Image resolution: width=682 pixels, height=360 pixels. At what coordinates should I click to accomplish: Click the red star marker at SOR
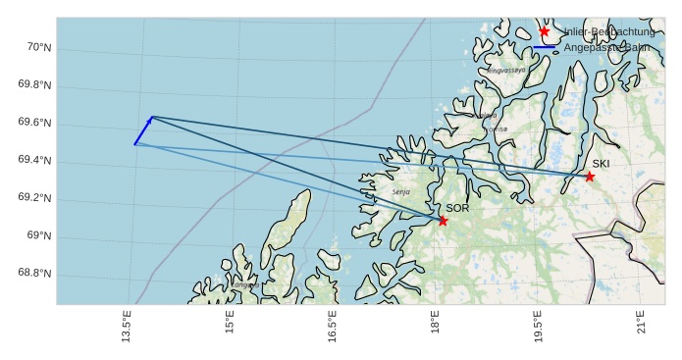point(443,221)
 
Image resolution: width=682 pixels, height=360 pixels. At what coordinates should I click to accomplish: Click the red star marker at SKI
point(590,177)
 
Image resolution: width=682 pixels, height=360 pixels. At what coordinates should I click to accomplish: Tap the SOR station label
point(458,208)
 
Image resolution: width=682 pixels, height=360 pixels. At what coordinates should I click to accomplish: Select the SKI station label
point(601,164)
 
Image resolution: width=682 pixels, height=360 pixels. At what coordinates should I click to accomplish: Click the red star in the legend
point(545,31)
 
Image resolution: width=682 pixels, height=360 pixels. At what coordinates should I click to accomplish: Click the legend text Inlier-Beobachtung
point(609,31)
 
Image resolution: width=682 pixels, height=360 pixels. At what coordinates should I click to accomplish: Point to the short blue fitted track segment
point(143,130)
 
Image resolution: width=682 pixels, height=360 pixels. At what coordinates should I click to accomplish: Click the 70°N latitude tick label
point(38,47)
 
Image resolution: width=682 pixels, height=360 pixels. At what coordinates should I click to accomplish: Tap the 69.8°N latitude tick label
point(34,85)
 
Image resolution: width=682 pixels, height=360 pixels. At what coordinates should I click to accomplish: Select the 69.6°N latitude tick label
point(34,123)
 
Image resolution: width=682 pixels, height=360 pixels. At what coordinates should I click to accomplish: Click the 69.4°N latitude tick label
point(34,161)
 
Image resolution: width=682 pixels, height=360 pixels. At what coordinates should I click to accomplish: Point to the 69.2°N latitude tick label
point(34,198)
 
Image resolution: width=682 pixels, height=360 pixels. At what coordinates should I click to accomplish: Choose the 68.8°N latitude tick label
point(34,273)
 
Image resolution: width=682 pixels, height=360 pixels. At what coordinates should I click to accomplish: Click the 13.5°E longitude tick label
point(126,328)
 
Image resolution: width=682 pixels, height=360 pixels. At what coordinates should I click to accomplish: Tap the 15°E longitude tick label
point(229,324)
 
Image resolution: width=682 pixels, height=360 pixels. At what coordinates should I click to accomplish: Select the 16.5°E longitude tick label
point(332,328)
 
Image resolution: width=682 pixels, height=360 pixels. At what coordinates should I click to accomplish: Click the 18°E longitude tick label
point(435,324)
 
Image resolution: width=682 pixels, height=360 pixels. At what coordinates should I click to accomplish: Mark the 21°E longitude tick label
point(641,324)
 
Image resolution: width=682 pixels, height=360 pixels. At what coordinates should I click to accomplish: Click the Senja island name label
point(400,192)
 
